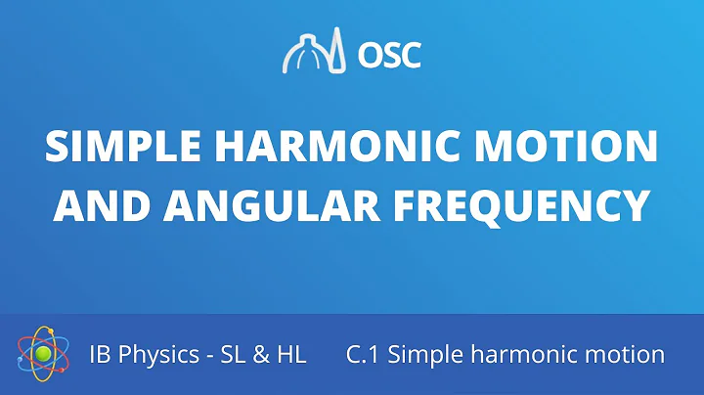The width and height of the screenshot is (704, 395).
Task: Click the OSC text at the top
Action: (390, 54)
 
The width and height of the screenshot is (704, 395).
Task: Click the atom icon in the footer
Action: (42, 354)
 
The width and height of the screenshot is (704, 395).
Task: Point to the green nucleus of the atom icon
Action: (42, 354)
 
